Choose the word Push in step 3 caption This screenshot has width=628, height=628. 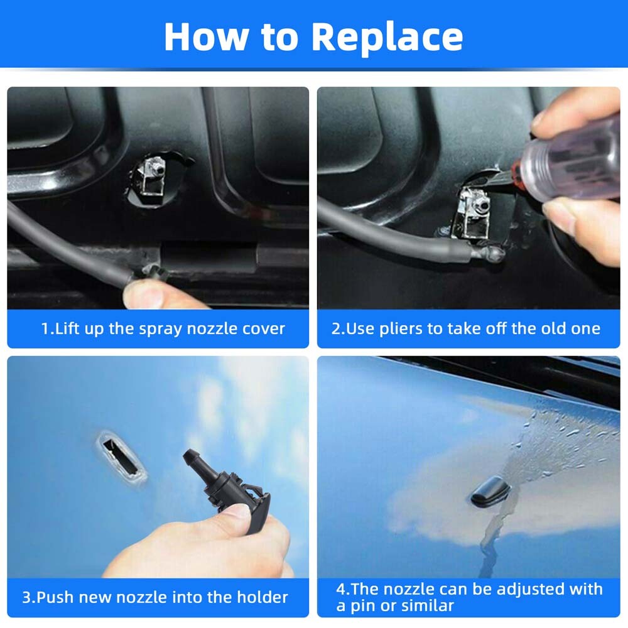click(x=55, y=597)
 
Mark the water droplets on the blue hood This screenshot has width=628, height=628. click(x=565, y=433)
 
